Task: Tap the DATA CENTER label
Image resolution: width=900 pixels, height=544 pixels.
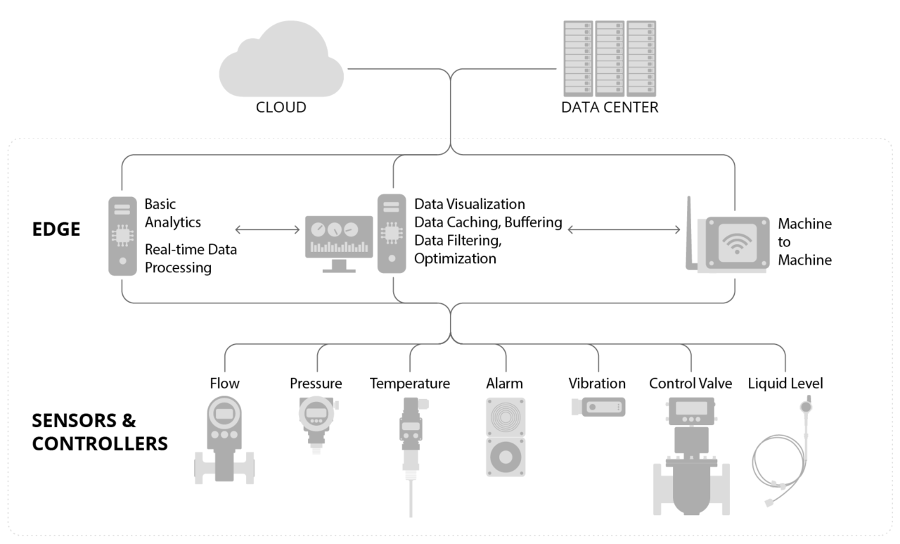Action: click(x=609, y=108)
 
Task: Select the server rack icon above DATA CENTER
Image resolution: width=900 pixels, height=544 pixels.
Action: click(x=610, y=58)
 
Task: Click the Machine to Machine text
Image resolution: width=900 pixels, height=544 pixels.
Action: click(x=804, y=241)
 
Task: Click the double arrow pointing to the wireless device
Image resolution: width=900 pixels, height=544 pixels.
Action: click(x=623, y=229)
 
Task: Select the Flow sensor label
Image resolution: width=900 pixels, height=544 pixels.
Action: click(x=224, y=384)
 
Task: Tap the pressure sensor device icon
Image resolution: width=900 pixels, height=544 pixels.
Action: click(x=314, y=422)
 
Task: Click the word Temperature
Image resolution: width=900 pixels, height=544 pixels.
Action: click(x=410, y=384)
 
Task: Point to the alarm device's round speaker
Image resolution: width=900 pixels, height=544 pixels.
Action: click(x=505, y=456)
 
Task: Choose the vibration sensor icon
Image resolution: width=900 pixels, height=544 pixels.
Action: click(x=598, y=407)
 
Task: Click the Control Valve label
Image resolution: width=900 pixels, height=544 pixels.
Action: click(x=690, y=384)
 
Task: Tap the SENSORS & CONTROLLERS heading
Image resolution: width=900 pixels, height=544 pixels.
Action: click(x=99, y=433)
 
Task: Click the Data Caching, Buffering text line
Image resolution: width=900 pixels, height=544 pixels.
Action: click(x=488, y=222)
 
